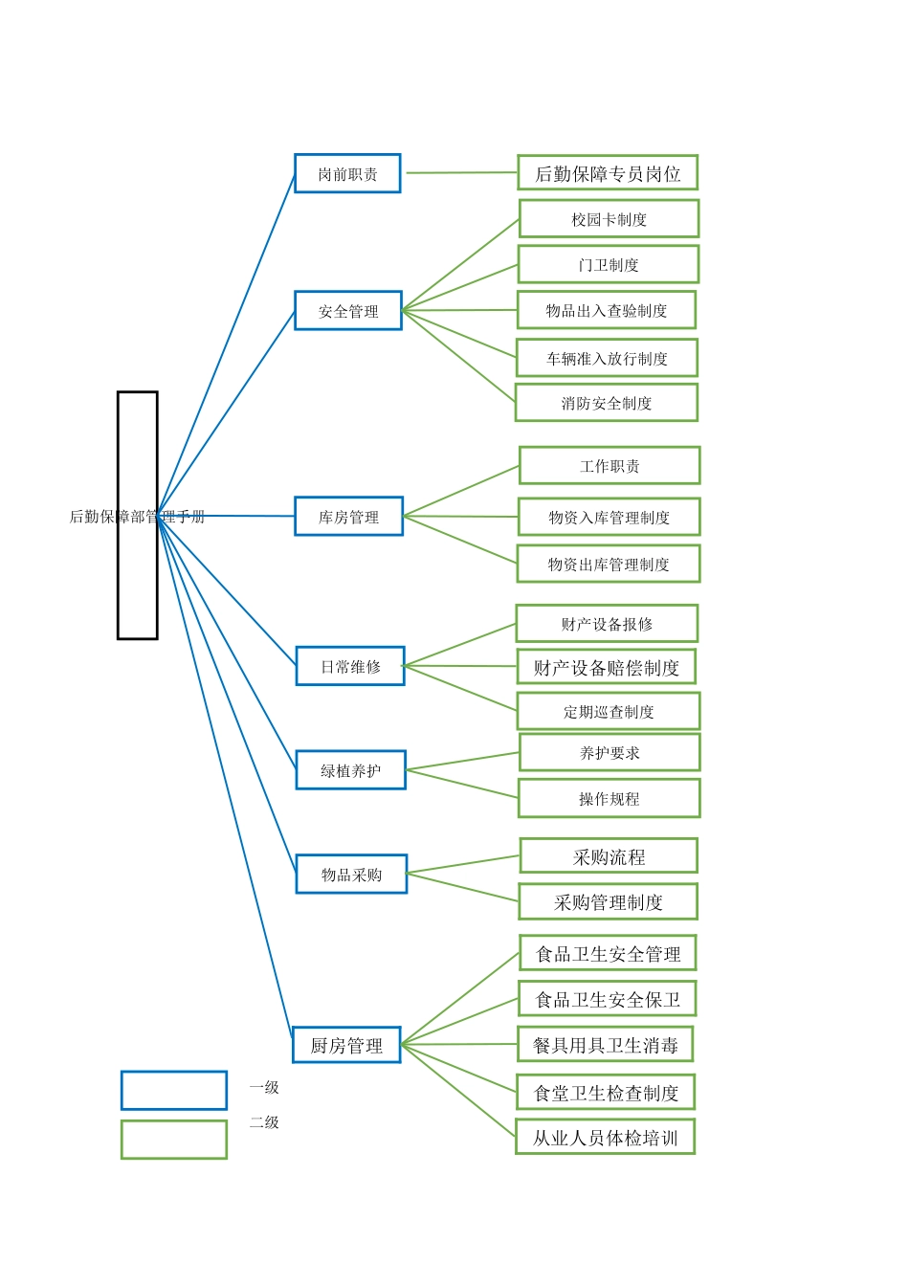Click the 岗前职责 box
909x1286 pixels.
(x=347, y=173)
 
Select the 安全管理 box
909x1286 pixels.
(x=348, y=311)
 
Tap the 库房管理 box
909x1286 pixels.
(x=348, y=516)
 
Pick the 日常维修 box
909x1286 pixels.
(x=350, y=666)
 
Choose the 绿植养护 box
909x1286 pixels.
(x=351, y=770)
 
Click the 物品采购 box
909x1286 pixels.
(x=351, y=874)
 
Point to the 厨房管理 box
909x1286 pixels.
(x=346, y=1045)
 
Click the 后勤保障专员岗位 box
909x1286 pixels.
(x=608, y=172)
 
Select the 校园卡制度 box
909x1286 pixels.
(x=610, y=218)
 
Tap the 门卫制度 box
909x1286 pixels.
(x=609, y=264)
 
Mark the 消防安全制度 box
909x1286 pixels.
(x=607, y=403)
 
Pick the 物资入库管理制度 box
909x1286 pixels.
(x=610, y=517)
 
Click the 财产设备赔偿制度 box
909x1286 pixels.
(x=607, y=667)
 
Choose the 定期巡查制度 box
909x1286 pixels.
(x=609, y=711)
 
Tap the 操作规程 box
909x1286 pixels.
(x=610, y=798)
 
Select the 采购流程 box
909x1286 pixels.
(x=609, y=855)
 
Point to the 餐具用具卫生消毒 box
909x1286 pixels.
(x=606, y=1044)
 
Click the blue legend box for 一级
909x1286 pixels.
(x=174, y=1090)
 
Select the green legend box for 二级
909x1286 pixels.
(x=174, y=1140)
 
